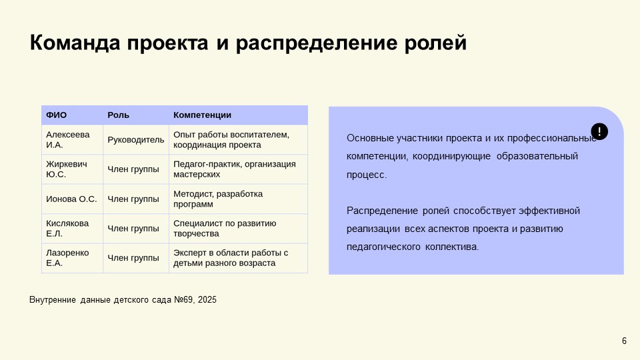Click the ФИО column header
click(x=57, y=115)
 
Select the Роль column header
click(x=119, y=115)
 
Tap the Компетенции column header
click(x=202, y=115)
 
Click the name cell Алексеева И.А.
click(x=67, y=139)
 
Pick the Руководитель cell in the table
click(x=135, y=139)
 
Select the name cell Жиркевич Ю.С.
click(x=66, y=169)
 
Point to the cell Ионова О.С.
click(x=71, y=199)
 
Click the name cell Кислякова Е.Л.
click(x=67, y=228)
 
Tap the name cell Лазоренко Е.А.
click(x=67, y=257)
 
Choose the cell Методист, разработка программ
click(x=218, y=199)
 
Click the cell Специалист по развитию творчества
click(x=225, y=228)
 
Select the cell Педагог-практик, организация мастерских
click(x=234, y=169)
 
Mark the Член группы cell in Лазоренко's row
click(x=133, y=257)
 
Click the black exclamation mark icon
click(x=599, y=131)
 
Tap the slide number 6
click(x=624, y=341)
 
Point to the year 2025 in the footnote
click(x=207, y=300)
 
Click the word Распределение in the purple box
click(x=381, y=211)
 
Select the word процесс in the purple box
click(x=365, y=174)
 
